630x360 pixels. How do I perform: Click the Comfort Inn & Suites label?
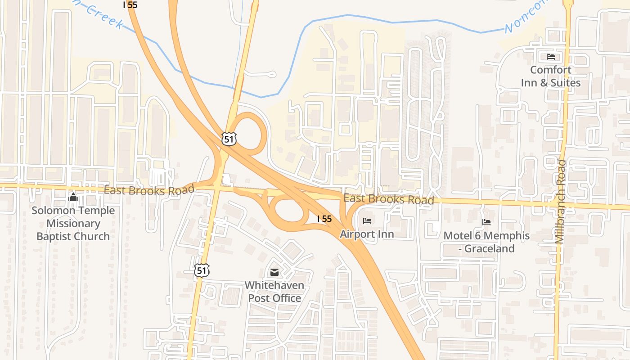point(550,76)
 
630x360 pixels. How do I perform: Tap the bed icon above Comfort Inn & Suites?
point(551,57)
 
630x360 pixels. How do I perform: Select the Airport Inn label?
point(367,234)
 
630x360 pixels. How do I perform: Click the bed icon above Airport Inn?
point(367,220)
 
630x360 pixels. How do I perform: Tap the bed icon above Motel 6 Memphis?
point(486,222)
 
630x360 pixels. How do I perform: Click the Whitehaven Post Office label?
point(274,292)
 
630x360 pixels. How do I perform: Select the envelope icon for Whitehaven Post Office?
point(274,272)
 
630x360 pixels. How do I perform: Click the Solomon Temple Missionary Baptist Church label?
point(73,223)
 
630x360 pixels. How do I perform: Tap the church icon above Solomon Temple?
point(73,197)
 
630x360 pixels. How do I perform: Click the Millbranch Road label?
point(561,202)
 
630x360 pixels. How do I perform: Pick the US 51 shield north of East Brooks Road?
point(229,139)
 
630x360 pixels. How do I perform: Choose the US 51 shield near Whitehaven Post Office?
point(202,270)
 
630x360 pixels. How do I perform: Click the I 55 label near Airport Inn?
point(324,219)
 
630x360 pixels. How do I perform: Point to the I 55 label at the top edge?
point(130,5)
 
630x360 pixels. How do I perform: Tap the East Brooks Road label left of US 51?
point(149,190)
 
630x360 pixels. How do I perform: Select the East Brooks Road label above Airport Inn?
point(389,199)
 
